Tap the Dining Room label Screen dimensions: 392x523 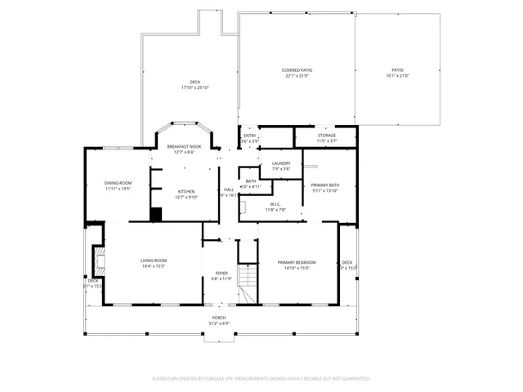coord(118,183)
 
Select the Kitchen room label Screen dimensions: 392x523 coord(186,191)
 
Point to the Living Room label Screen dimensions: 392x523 coord(154,261)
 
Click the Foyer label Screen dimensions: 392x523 coord(221,273)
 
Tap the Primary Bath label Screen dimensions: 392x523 coord(325,185)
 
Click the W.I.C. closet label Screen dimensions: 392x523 coord(275,204)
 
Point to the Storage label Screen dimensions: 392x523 coord(326,136)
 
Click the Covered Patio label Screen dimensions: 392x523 coord(297,70)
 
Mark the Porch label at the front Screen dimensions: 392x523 coord(219,317)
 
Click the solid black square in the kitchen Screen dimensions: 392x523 coord(155,214)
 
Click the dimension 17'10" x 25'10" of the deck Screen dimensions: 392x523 coord(195,87)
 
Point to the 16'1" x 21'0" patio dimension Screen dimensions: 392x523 coord(397,76)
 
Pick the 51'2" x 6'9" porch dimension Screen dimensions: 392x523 coord(219,323)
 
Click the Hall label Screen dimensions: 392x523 coord(229,189)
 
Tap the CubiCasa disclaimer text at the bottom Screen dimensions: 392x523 coord(261,378)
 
